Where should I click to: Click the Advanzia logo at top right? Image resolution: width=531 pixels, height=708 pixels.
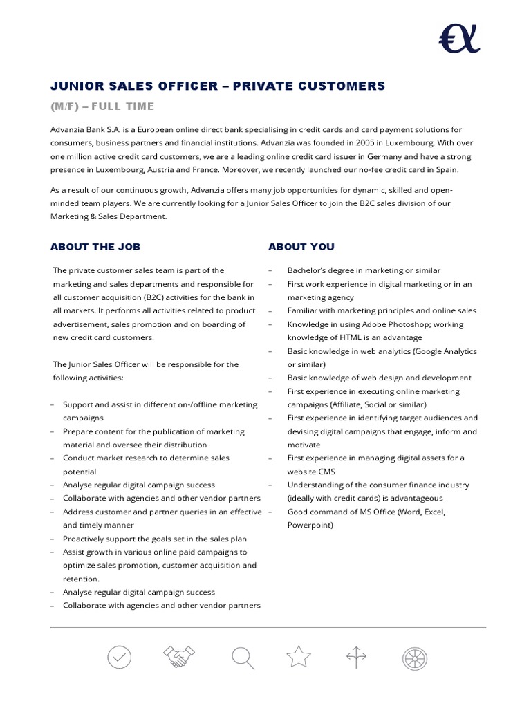click(459, 38)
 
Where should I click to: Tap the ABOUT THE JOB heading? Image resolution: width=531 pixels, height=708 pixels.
click(95, 247)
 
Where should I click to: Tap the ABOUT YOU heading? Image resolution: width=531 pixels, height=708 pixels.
click(301, 247)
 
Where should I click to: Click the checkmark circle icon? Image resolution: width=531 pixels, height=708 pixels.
click(119, 658)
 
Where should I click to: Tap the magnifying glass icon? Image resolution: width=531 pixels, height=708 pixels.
click(243, 658)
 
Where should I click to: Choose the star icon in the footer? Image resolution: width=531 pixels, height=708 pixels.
click(299, 658)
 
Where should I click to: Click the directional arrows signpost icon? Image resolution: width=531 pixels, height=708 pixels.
click(355, 658)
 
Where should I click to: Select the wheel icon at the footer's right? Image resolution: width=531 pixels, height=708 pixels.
click(414, 658)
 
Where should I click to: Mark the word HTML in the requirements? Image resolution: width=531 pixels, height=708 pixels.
click(347, 338)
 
